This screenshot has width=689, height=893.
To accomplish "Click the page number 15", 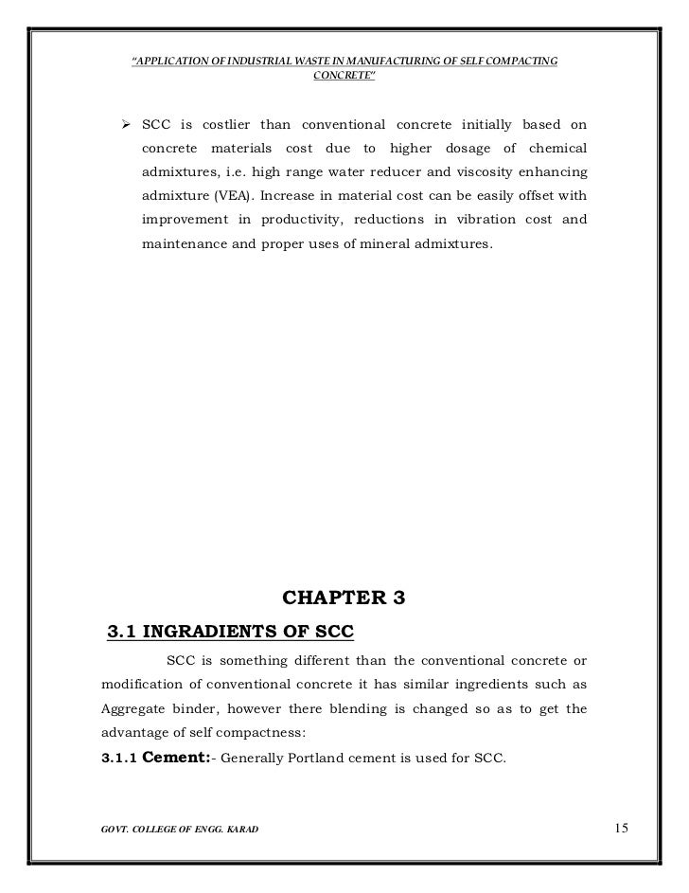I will (x=620, y=830).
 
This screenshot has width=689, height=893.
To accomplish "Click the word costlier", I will (x=241, y=127).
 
